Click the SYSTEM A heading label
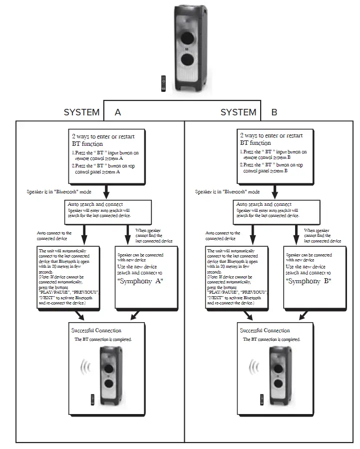92,112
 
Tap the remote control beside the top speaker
163,83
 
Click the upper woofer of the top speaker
188,38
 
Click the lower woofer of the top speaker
188,61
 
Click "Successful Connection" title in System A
96,330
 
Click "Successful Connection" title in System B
265,331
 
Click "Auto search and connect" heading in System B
264,204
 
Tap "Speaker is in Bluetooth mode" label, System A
59,191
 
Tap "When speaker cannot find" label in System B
323,235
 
